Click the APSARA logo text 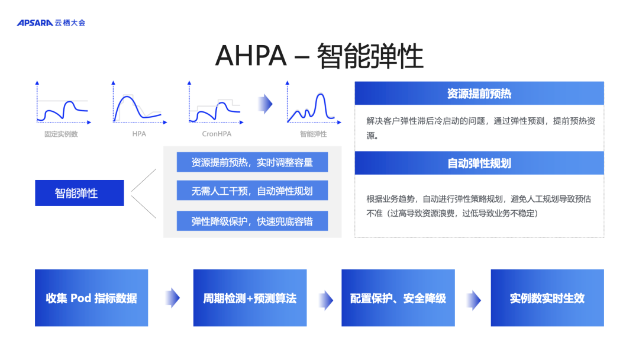[35, 23]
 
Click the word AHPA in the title [251, 56]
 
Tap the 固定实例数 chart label [61, 134]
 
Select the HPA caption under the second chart [139, 134]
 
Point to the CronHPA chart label [217, 134]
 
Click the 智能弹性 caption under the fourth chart [314, 134]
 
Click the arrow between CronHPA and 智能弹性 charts [265, 104]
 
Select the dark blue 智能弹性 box [79, 193]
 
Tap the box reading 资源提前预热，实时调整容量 [252, 162]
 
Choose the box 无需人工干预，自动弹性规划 [252, 191]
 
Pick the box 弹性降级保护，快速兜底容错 [252, 221]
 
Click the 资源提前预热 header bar [479, 94]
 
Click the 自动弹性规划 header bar [479, 163]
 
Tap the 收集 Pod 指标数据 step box [91, 298]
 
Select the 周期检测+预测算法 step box [250, 298]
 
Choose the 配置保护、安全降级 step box [398, 298]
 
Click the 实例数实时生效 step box [547, 298]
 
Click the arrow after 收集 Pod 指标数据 [173, 298]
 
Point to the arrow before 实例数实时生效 [473, 300]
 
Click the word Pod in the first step [80, 298]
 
